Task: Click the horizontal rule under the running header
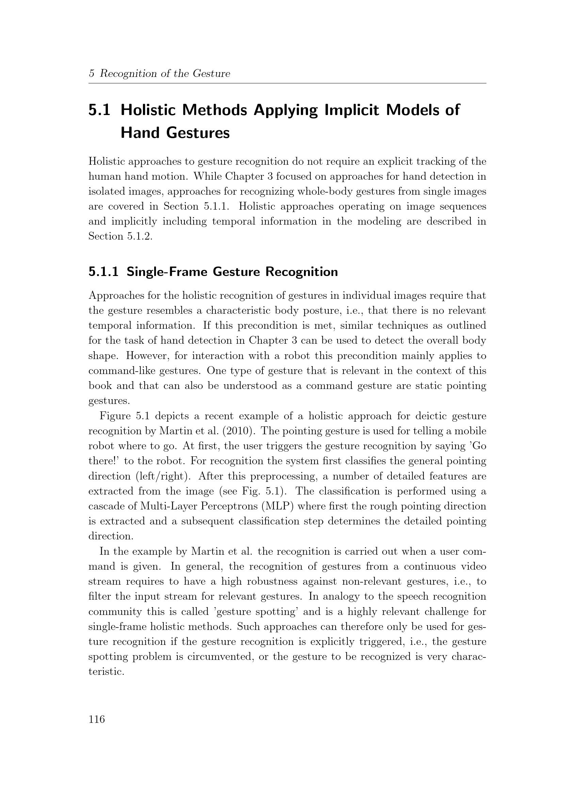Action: pos(287,83)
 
